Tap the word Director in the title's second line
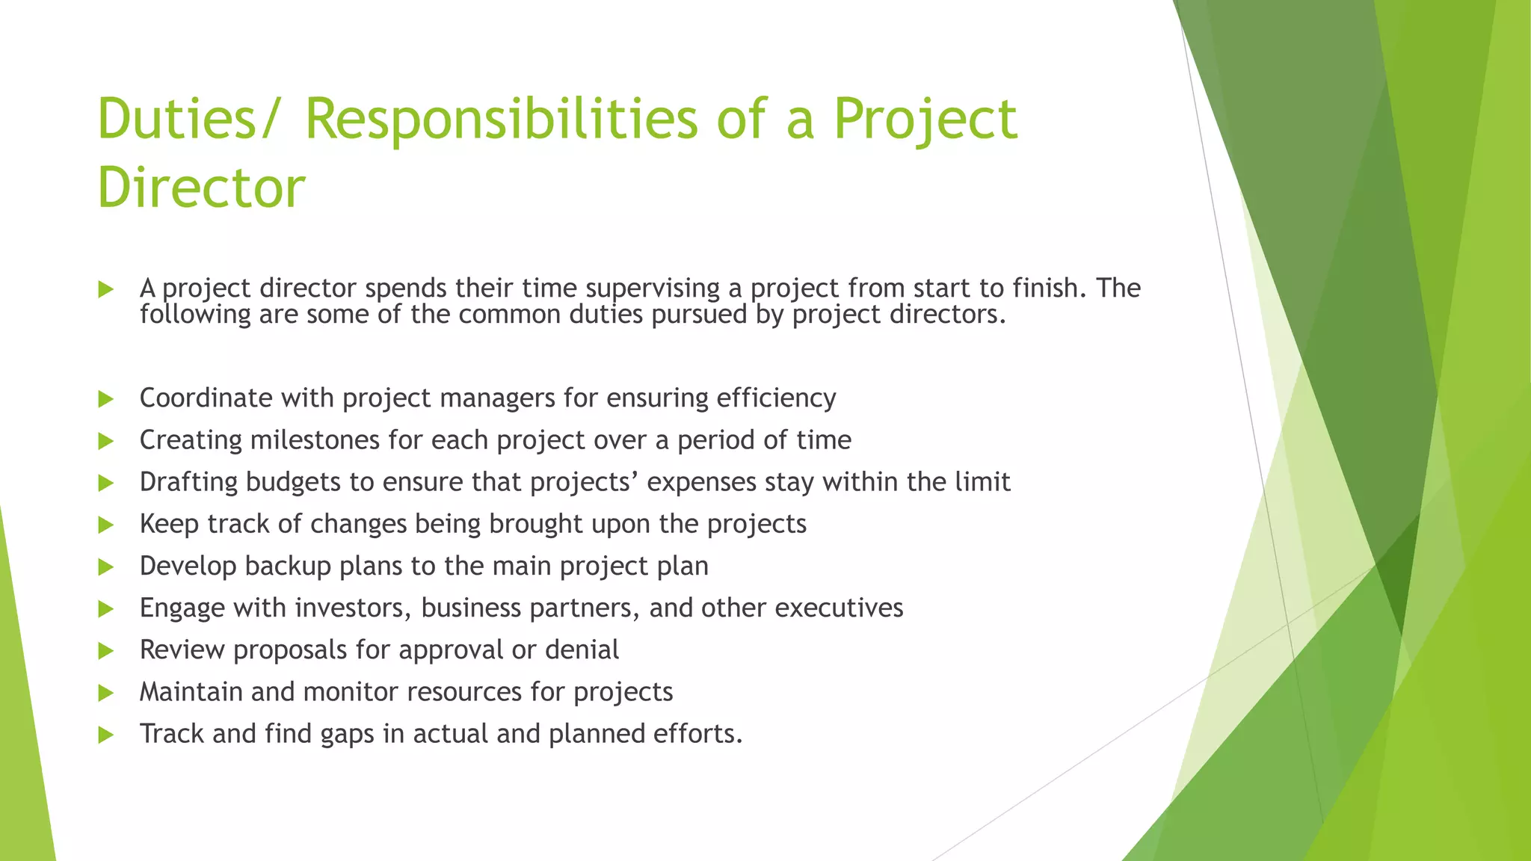201,187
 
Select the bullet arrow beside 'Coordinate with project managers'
105,399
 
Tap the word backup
288,566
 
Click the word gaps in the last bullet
347,735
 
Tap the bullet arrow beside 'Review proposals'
105,651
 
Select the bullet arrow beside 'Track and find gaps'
105,735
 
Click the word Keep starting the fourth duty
169,524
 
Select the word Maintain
191,692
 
